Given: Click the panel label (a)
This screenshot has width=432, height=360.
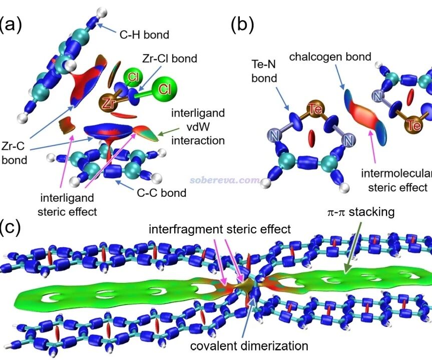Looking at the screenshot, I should click(11, 24).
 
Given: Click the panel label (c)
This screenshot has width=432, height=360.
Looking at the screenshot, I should click(11, 228).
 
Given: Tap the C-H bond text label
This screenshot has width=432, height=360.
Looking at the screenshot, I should click(144, 35).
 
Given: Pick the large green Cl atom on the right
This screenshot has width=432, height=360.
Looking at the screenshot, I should click(164, 90).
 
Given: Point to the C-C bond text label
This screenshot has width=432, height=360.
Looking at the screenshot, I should click(161, 192).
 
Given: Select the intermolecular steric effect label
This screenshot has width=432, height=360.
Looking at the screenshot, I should click(398, 180).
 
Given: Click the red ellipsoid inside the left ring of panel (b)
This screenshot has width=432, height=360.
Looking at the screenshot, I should click(311, 137).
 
